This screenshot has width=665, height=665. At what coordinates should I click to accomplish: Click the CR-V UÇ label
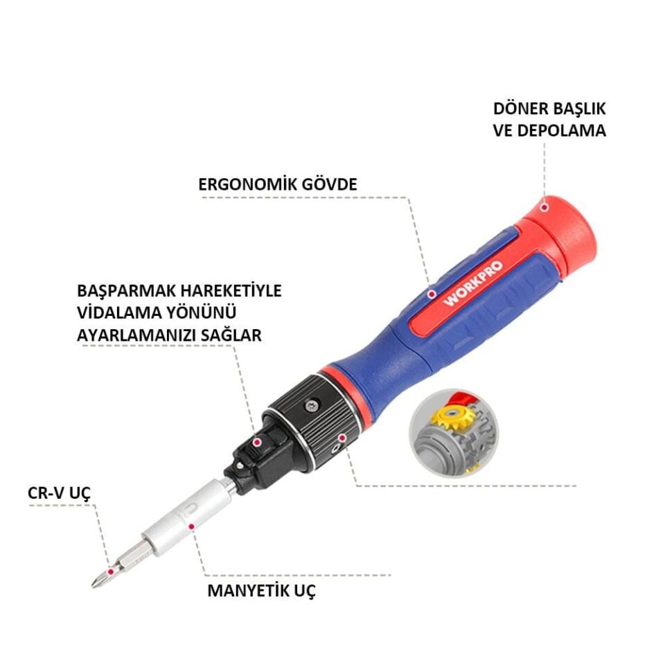(x=60, y=493)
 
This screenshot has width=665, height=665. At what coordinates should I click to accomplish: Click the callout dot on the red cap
(x=544, y=205)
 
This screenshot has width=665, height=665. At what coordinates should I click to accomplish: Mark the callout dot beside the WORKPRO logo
(x=430, y=294)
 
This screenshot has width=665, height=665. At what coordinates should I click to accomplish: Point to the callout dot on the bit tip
(x=109, y=562)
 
